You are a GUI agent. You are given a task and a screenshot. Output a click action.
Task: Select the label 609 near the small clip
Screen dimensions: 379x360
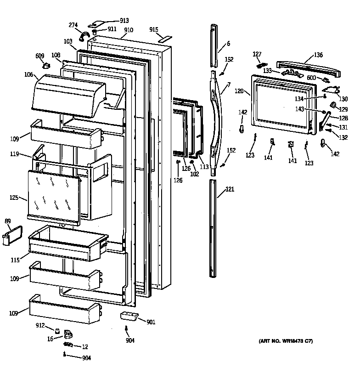40,56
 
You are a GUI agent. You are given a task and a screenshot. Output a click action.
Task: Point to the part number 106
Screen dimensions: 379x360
28,75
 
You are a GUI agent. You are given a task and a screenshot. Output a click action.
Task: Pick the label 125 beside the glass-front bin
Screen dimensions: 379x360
14,198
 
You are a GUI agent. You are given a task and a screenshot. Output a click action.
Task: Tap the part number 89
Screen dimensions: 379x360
7,222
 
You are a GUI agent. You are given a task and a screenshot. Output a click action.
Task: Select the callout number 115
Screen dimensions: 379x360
15,260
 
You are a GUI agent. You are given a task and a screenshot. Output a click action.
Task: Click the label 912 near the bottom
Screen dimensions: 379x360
41,326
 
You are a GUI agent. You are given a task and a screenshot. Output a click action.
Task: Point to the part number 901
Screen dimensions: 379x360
151,322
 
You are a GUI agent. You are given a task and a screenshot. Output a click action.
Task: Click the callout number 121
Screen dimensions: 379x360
230,189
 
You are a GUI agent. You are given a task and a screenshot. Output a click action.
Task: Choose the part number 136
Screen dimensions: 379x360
318,55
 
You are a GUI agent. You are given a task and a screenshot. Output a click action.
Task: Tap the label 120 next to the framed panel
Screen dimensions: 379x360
239,91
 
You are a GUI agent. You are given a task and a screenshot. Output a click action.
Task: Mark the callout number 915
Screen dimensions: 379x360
154,30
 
